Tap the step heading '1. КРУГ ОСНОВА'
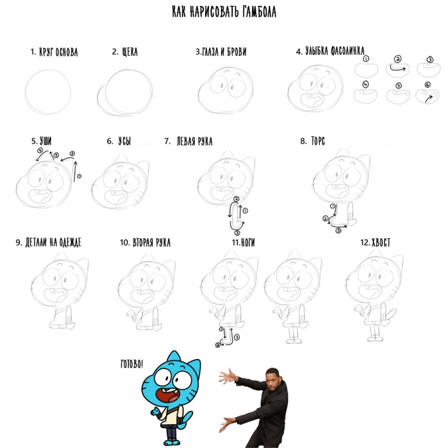click(54, 52)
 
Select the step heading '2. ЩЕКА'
click(125, 52)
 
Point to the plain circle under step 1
click(48, 92)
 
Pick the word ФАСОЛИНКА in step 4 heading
click(347, 51)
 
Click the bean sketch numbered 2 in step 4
click(398, 70)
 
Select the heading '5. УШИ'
click(41, 141)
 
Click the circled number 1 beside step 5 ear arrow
click(79, 177)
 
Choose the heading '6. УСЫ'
click(119, 141)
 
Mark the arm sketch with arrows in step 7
click(236, 216)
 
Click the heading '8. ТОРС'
click(313, 141)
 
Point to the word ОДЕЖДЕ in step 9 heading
click(70, 242)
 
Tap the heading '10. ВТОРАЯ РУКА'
click(145, 242)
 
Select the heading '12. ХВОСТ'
click(375, 242)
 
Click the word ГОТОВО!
click(131, 364)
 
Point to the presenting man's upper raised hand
click(228, 376)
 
